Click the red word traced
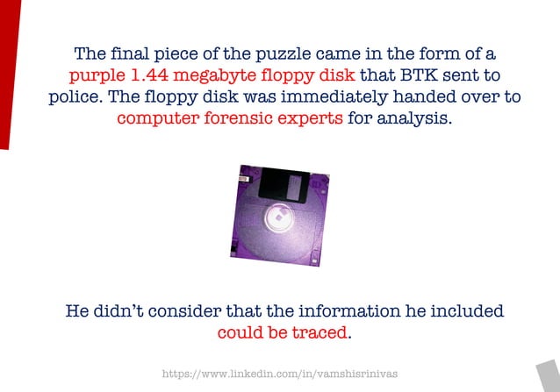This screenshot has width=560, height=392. coord(321,334)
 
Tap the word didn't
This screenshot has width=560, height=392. coord(129,312)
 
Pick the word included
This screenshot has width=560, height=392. coord(463,312)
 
